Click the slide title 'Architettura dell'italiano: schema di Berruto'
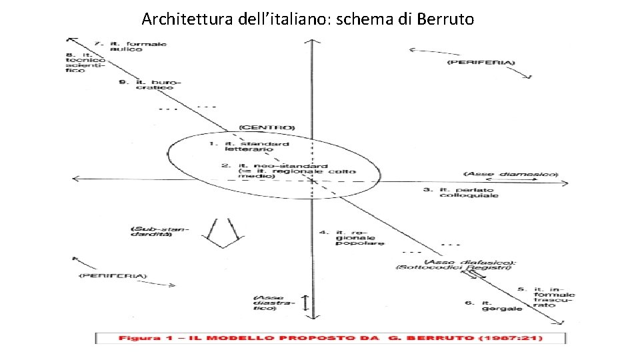308,19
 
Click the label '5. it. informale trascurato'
547,297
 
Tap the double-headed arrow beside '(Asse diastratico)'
305,302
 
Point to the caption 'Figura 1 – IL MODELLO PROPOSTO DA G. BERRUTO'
330,338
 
